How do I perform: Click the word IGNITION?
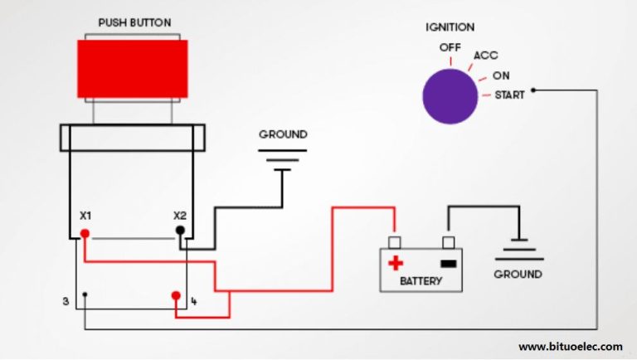coord(450,27)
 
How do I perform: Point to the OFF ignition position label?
coord(450,47)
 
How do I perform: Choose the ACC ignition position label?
coord(485,56)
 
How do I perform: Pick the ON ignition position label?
coord(501,75)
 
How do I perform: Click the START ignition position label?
coord(509,95)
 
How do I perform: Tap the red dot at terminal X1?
coord(85,234)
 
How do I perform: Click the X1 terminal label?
coord(85,216)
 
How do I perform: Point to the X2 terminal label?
coord(180,216)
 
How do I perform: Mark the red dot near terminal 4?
coord(176,295)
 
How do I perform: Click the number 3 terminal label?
coord(66,300)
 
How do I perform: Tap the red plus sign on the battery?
coord(396,263)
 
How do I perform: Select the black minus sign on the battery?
coord(448,264)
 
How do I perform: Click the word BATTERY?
coord(421,281)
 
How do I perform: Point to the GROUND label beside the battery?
coord(518,274)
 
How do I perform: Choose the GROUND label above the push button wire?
coord(283,134)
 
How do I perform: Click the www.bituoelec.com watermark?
coord(570,346)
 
